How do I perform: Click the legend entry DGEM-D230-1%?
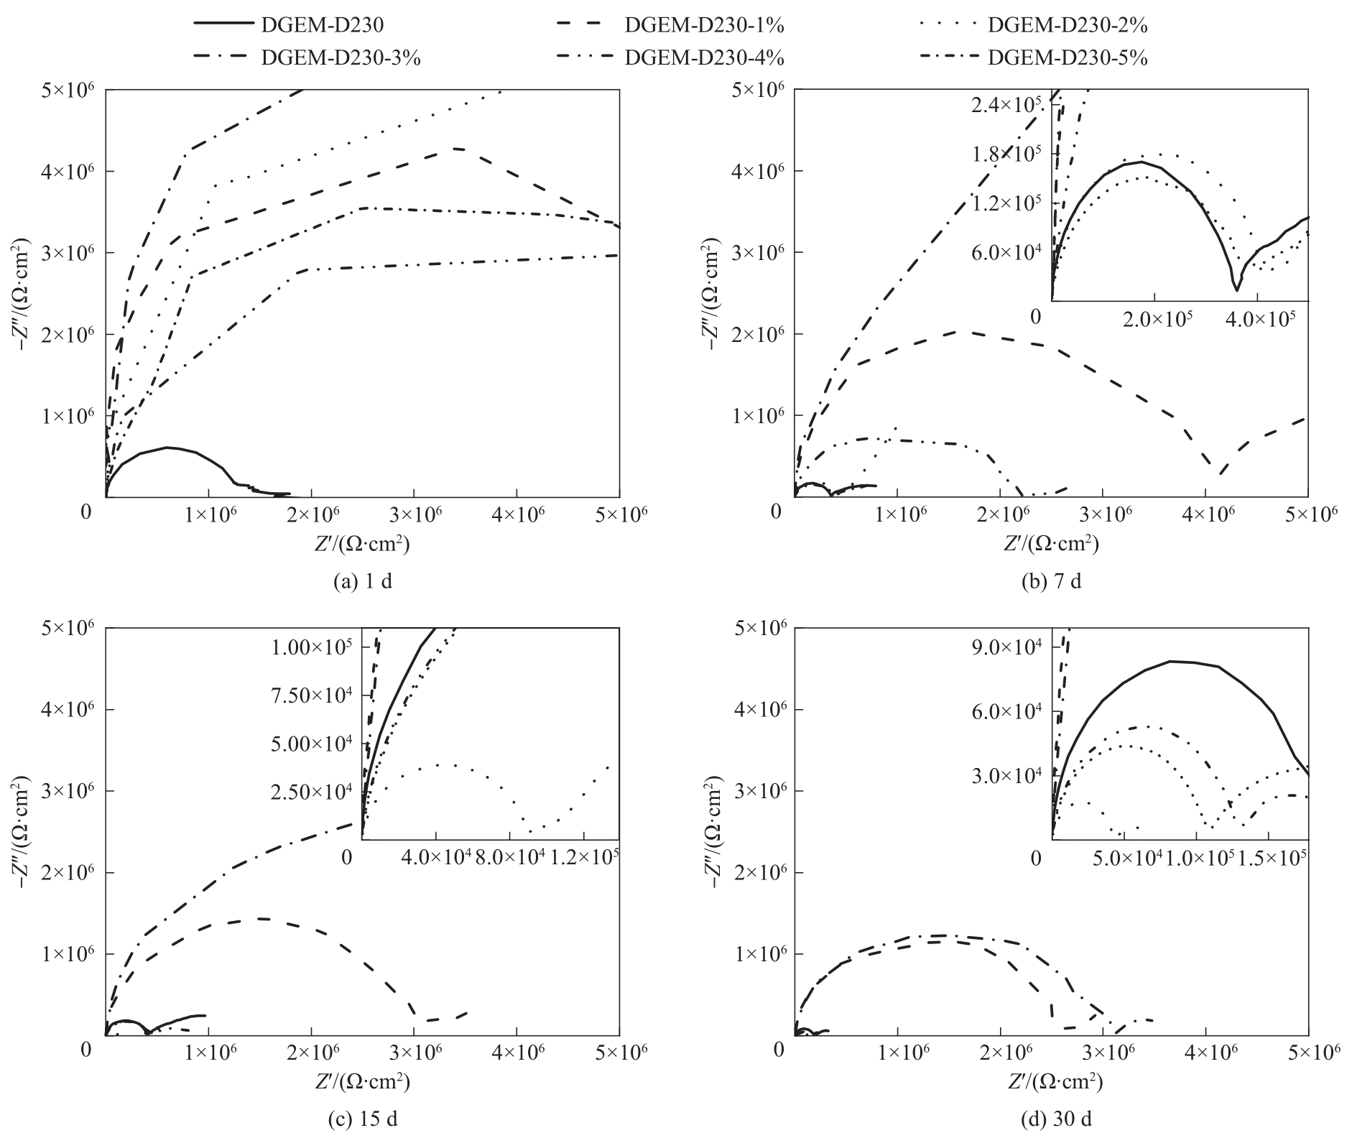(703, 25)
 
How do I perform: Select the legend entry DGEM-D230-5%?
(1067, 58)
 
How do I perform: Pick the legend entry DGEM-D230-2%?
(1067, 25)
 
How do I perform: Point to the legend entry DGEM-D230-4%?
(703, 58)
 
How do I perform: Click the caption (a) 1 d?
(364, 581)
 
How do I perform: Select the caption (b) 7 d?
(1051, 581)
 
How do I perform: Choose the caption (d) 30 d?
(1051, 1119)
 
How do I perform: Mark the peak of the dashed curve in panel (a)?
(456, 148)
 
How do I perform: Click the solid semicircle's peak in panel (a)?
(167, 448)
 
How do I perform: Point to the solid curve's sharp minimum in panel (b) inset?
(1236, 290)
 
